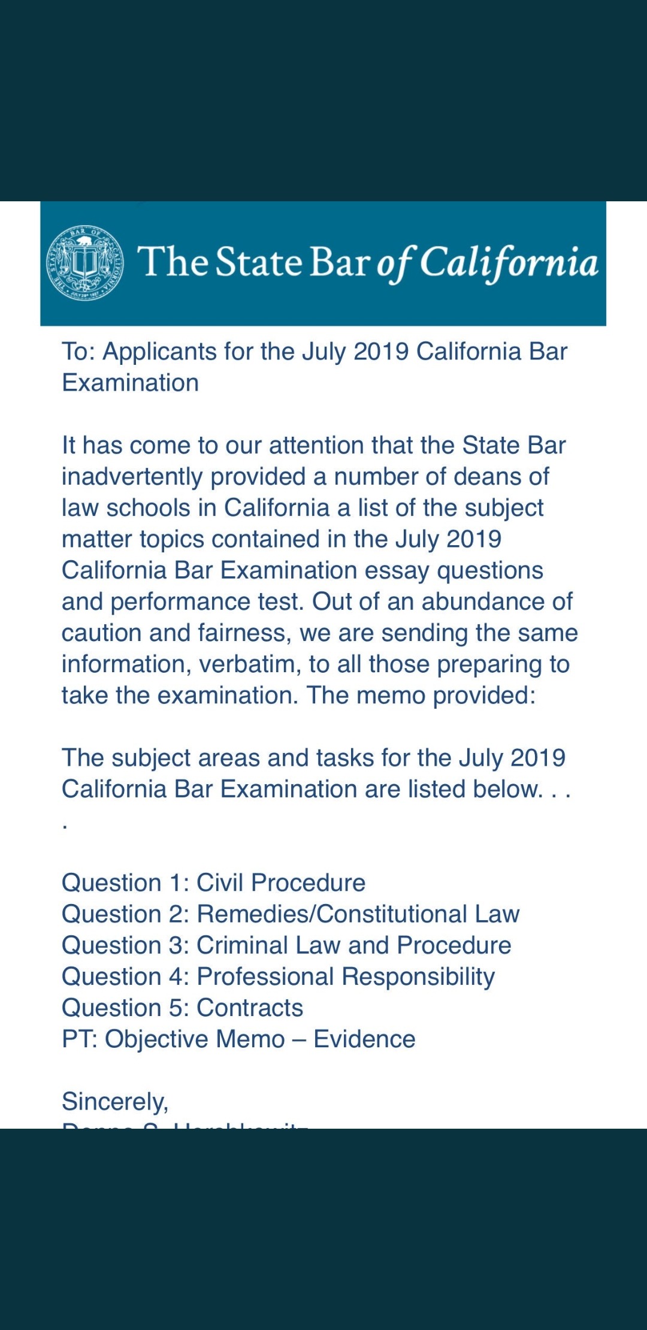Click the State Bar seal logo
coord(85,263)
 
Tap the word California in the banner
coord(509,263)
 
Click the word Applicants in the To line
coord(159,352)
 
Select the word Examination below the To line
coord(130,383)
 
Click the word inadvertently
coord(132,477)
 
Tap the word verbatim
coord(249,664)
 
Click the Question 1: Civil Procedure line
coord(213,883)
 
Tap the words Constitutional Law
coord(418,914)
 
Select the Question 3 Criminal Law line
coord(286,945)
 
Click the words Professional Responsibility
coord(346,977)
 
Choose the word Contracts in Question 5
coord(250,1008)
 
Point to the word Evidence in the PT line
coord(364,1039)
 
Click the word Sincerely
coord(115,1102)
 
